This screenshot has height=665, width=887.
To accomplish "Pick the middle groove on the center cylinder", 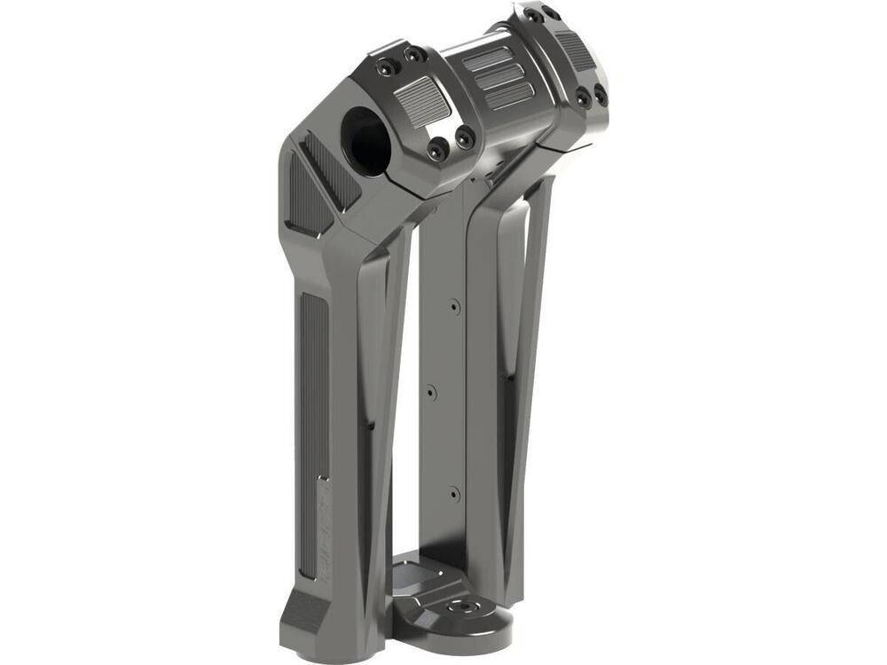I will point(499,77).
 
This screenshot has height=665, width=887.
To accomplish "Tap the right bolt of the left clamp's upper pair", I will point(413,55).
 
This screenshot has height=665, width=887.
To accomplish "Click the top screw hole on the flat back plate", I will point(454,306).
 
